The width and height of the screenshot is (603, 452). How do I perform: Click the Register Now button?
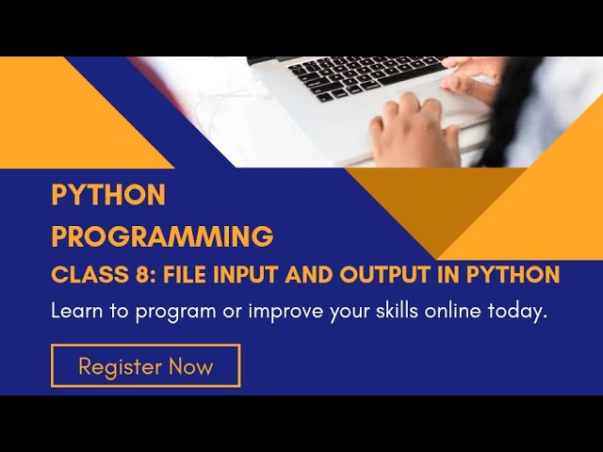146,365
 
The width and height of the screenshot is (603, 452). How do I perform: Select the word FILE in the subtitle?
175,275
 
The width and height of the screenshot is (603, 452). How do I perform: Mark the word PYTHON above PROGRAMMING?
108,195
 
